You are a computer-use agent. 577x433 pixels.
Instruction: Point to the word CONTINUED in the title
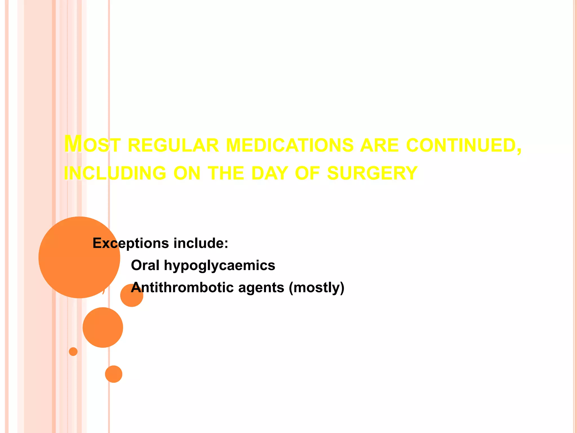(x=463, y=145)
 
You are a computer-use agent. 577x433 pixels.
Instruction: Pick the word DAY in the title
(x=269, y=173)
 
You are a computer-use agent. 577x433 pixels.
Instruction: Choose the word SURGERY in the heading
(x=372, y=173)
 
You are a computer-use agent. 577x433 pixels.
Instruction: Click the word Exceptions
(x=131, y=243)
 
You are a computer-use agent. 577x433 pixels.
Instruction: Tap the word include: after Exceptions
(x=201, y=243)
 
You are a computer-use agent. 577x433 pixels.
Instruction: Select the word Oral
(x=145, y=265)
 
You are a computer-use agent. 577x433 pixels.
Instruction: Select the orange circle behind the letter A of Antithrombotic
(x=132, y=295)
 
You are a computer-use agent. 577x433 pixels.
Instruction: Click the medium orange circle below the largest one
(x=103, y=327)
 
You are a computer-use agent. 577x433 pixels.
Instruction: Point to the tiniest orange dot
(x=73, y=352)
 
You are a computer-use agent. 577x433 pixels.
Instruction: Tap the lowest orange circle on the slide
(x=114, y=374)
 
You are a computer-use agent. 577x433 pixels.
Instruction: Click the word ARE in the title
(x=380, y=145)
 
